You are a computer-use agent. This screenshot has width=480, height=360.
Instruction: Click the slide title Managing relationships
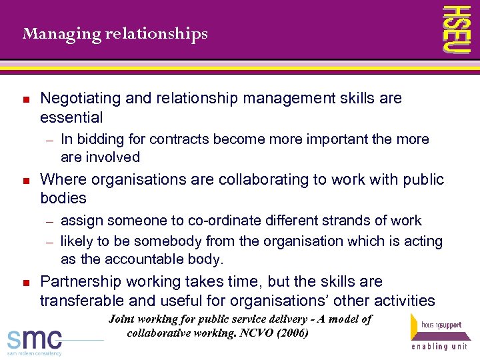pyautogui.click(x=115, y=33)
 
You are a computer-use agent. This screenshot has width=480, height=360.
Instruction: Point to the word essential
pyautogui.click(x=71, y=118)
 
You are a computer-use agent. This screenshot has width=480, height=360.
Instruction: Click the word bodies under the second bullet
pyautogui.click(x=63, y=199)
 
